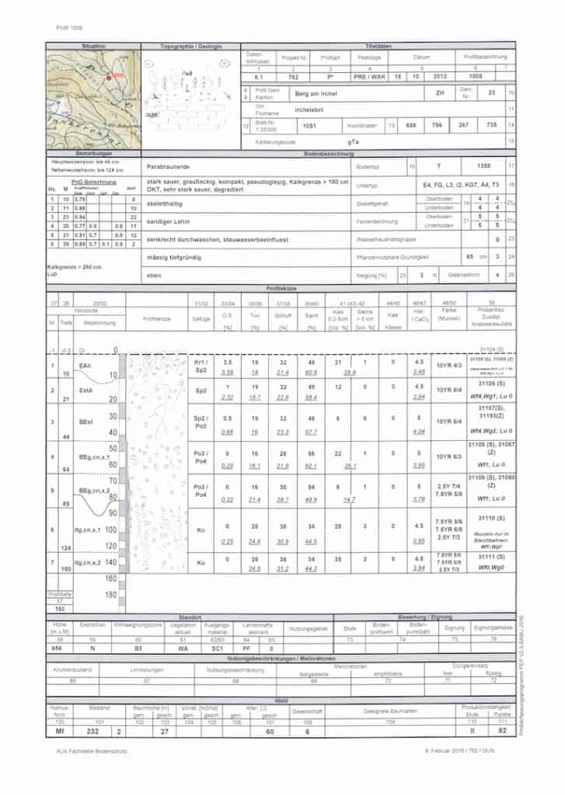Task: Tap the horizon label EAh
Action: pos(85,364)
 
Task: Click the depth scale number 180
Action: pos(110,595)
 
